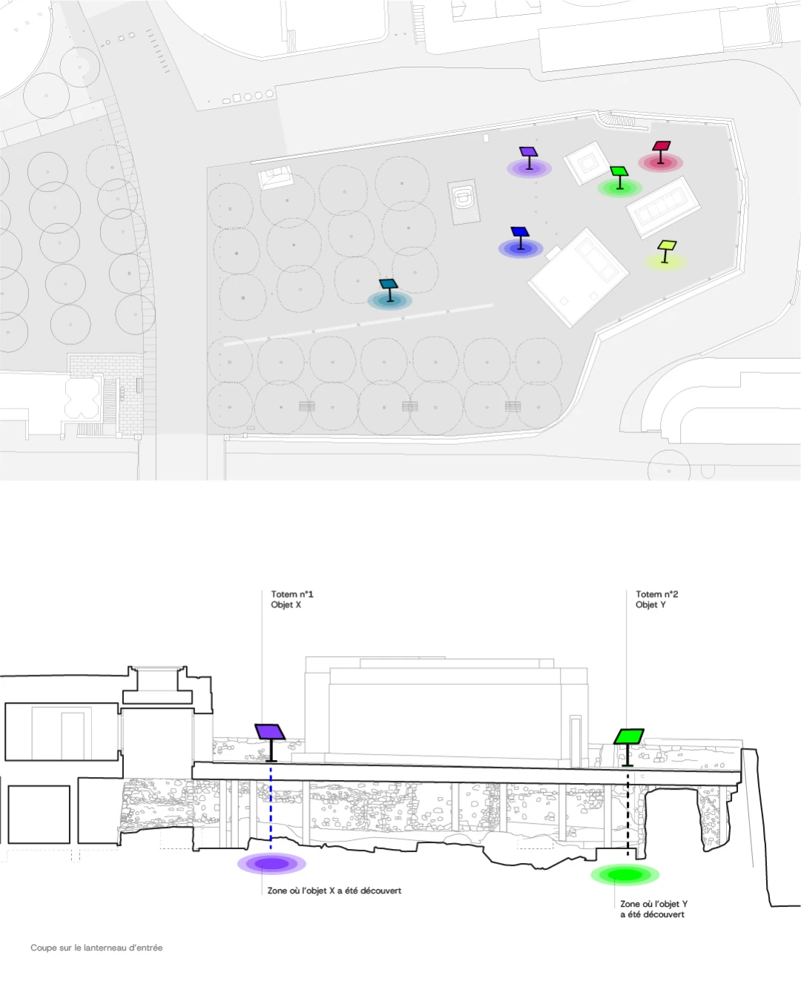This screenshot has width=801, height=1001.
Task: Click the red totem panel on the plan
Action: pyautogui.click(x=661, y=145)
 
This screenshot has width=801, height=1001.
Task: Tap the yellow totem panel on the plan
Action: pyautogui.click(x=667, y=245)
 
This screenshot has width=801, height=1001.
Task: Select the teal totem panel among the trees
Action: pyautogui.click(x=389, y=284)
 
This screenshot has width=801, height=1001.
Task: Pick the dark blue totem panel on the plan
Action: pyautogui.click(x=520, y=231)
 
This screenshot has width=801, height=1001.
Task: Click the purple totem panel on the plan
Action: pyautogui.click(x=528, y=152)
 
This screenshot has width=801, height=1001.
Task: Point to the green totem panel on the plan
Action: pyautogui.click(x=619, y=171)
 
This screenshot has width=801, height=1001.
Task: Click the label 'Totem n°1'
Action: pyautogui.click(x=292, y=594)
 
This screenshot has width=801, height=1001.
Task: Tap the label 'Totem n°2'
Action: pyautogui.click(x=656, y=594)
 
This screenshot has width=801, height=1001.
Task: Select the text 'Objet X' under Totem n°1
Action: pyautogui.click(x=286, y=605)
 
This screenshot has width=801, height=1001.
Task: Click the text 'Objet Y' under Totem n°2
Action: pyautogui.click(x=650, y=605)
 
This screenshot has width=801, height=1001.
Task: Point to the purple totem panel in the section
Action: pyautogui.click(x=270, y=731)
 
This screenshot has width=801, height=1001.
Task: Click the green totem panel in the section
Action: pyautogui.click(x=629, y=736)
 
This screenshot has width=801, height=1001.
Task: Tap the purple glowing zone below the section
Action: pyautogui.click(x=271, y=864)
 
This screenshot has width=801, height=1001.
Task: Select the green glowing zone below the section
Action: pyautogui.click(x=624, y=875)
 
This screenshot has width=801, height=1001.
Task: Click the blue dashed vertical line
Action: pyautogui.click(x=271, y=809)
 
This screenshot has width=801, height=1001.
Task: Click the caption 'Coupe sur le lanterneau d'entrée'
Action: pyautogui.click(x=97, y=948)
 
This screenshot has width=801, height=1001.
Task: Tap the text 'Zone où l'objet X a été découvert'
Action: pyautogui.click(x=334, y=891)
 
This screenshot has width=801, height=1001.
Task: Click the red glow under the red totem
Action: pyautogui.click(x=660, y=163)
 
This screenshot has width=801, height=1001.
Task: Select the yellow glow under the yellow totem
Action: pyautogui.click(x=665, y=262)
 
